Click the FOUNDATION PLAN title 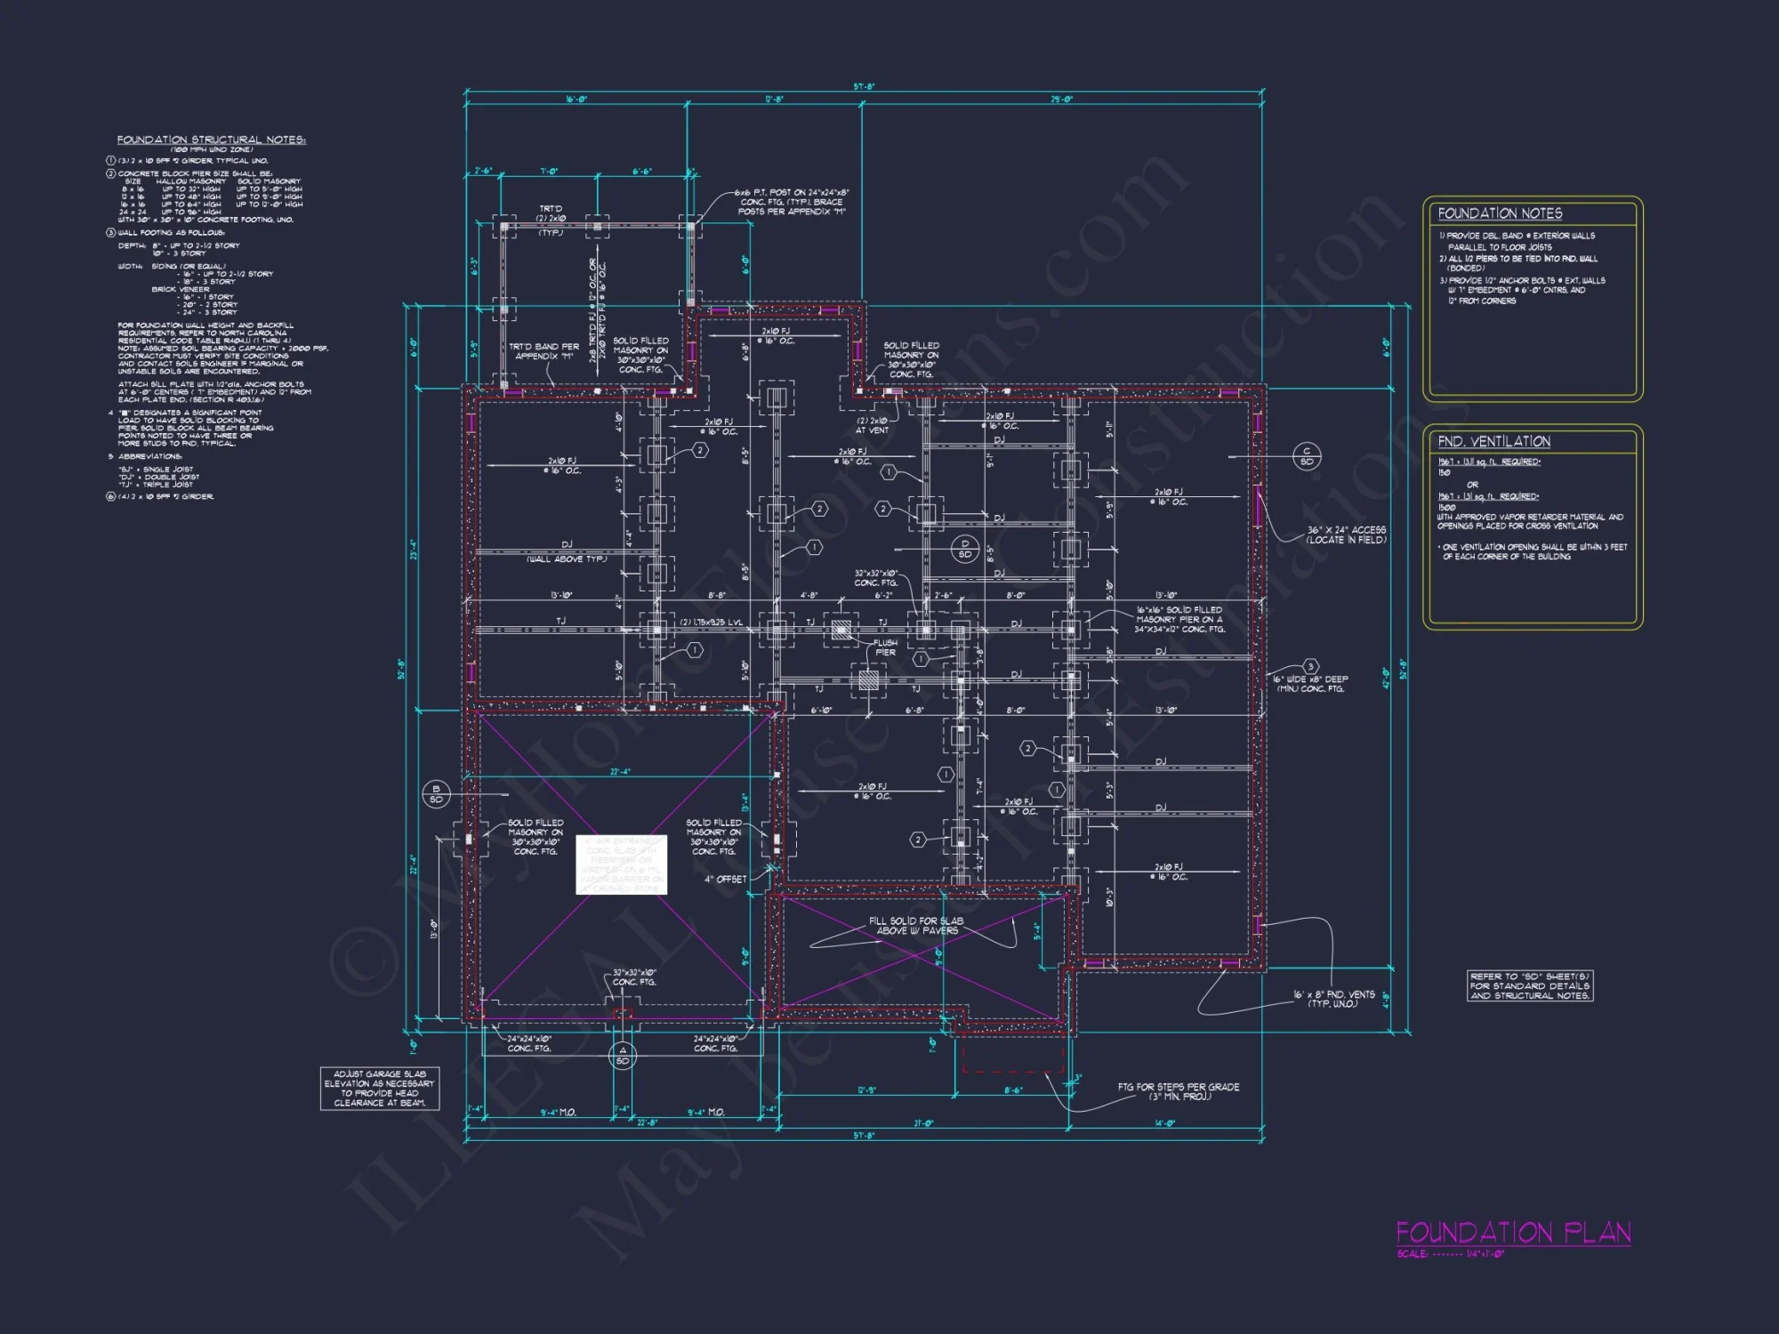pos(1513,1233)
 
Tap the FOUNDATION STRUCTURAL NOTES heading pos(211,140)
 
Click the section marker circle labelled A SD pos(623,1056)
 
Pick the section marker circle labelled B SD pos(436,794)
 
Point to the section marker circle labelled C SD pos(1307,456)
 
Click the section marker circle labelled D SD pos(965,549)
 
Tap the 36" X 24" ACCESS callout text pos(1346,534)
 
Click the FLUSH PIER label pos(885,647)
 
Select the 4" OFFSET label pos(726,880)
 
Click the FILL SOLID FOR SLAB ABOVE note pos(916,926)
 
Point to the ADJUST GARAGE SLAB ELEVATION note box pos(380,1089)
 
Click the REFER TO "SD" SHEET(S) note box pos(1529,986)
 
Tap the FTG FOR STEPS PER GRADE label pos(1178,1091)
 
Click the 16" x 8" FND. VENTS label pos(1333,999)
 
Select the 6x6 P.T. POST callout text pos(792,202)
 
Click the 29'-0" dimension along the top pos(1061,100)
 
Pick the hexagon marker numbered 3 pos(1309,666)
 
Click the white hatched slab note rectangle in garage pos(621,864)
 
